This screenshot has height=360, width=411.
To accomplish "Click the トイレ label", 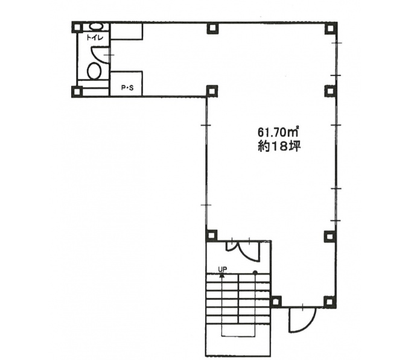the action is tap(95, 38).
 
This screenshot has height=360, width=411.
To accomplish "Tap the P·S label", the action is tap(127, 88).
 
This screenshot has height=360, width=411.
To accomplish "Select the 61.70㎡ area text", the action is tap(279, 131).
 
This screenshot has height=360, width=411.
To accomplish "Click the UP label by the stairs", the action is tap(223, 268).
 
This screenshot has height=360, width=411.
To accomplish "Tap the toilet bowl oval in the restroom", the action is tap(94, 71).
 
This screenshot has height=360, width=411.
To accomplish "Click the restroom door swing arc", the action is tap(100, 55).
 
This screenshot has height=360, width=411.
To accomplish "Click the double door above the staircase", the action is tap(243, 250).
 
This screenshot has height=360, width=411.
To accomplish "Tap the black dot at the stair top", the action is tap(255, 273).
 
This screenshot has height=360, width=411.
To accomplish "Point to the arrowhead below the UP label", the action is tap(222, 275).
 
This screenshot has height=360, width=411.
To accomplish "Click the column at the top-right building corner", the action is tap(331, 28).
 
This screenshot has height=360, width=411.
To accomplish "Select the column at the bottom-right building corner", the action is tap(330, 302).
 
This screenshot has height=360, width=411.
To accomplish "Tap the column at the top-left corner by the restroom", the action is tap(77, 27).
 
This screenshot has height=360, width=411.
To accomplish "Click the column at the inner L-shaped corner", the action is tap(212, 91).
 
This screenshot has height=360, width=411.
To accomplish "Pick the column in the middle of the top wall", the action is tap(212, 28).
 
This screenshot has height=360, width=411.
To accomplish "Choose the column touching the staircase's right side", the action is tap(276, 302).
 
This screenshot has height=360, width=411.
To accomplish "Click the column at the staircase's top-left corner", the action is tap(211, 235).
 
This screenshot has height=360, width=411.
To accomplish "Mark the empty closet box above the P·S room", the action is tap(126, 31).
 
